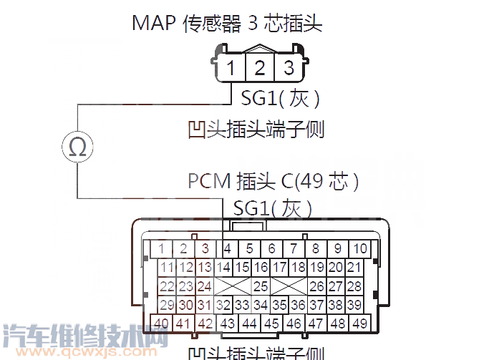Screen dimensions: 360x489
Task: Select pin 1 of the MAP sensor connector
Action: point(231,69)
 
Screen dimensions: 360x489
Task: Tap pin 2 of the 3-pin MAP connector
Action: point(260,69)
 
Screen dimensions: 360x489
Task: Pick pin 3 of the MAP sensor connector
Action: point(289,69)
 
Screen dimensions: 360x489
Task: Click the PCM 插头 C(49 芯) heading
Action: point(273,180)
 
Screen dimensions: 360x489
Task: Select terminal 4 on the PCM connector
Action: point(228,249)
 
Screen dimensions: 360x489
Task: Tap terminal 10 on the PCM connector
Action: point(360,249)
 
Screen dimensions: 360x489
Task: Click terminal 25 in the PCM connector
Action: point(261,286)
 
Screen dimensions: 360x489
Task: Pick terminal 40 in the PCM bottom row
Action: point(162,323)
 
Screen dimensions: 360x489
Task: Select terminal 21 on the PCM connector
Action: point(354,268)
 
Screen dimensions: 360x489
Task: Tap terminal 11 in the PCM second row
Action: point(168,268)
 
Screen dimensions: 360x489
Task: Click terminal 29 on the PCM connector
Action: point(168,305)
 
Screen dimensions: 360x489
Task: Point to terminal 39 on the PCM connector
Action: point(354,305)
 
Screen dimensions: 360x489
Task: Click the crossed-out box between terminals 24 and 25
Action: point(232,286)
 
